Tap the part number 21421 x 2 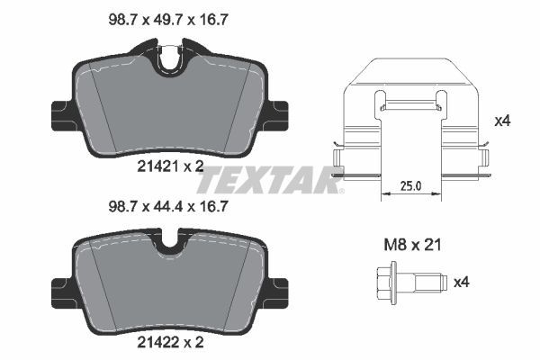(170, 165)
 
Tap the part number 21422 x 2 (170, 343)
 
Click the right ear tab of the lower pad (279, 287)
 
